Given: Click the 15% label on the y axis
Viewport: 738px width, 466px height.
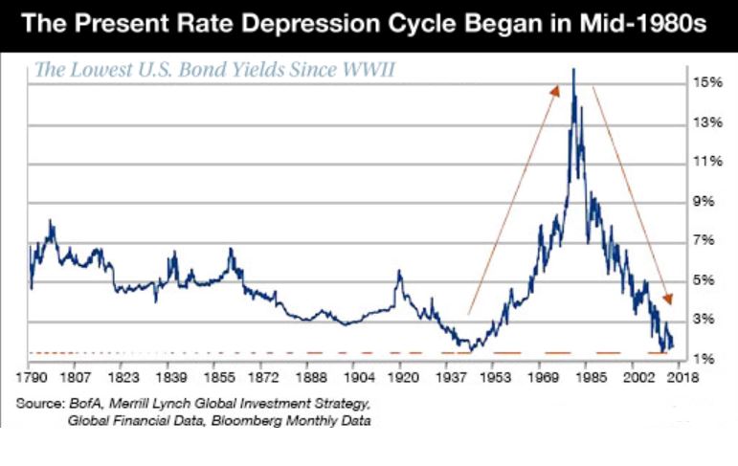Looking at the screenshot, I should [x=708, y=82].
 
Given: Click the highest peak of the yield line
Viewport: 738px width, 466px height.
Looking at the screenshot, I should [x=573, y=69].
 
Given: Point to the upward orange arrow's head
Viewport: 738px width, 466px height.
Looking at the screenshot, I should [x=554, y=90].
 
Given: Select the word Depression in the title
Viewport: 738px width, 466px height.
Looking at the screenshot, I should [x=314, y=23].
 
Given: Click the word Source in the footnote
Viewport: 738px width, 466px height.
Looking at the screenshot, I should [x=39, y=403].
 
